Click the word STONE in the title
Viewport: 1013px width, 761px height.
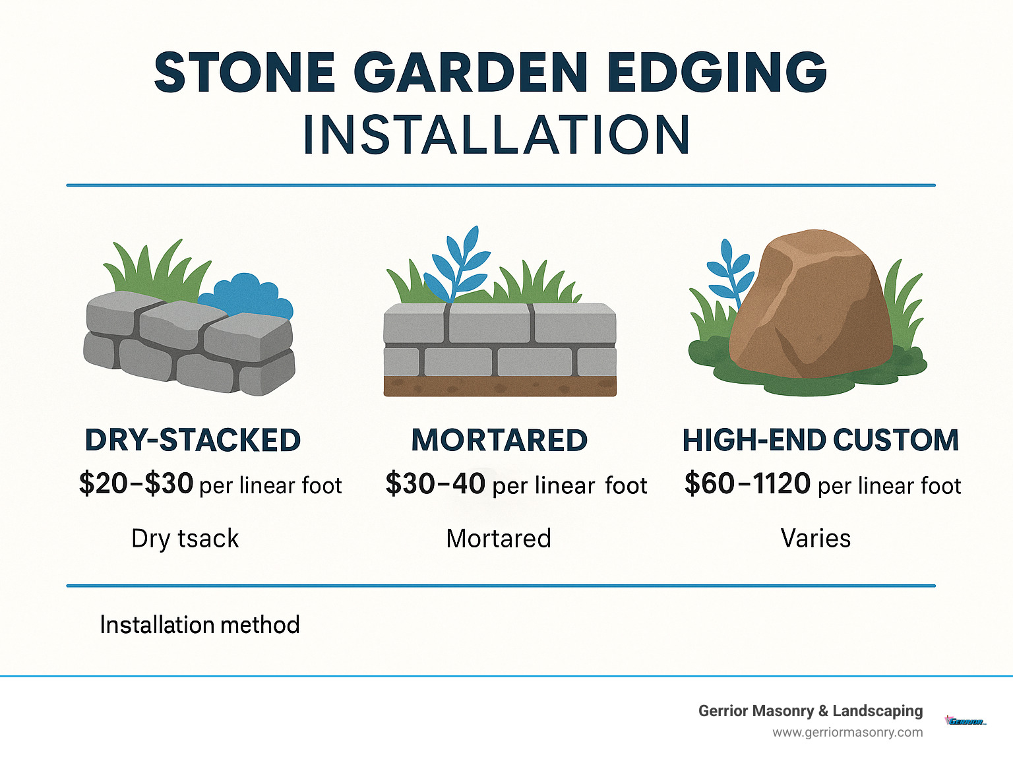(x=245, y=72)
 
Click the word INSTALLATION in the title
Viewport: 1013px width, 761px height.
(x=496, y=135)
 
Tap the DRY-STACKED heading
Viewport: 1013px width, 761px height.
(x=193, y=441)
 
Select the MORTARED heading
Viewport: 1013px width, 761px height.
(x=499, y=441)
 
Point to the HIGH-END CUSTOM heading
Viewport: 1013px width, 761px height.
(x=820, y=441)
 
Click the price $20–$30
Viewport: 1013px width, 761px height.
(x=136, y=484)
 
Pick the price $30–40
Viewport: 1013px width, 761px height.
(x=435, y=484)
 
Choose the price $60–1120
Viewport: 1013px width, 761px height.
(x=747, y=484)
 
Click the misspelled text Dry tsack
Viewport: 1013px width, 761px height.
(x=185, y=539)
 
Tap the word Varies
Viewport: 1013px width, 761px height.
(x=816, y=539)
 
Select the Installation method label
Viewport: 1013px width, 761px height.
(x=200, y=624)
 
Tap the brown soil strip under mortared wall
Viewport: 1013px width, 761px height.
(x=500, y=386)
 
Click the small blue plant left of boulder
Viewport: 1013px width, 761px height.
(x=729, y=270)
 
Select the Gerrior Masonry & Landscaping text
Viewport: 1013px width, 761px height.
(x=811, y=711)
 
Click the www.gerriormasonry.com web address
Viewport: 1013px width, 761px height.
(x=847, y=732)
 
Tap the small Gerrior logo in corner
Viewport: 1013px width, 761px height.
(x=966, y=721)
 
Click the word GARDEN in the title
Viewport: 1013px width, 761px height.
(x=471, y=72)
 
